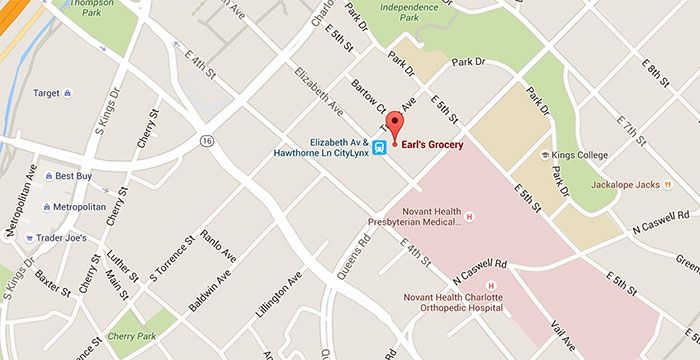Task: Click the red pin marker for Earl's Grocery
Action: (393, 129)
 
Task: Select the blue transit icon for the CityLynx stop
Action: (380, 148)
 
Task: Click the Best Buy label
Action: (73, 176)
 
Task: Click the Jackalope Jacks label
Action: (626, 184)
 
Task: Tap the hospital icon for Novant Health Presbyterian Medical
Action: (467, 215)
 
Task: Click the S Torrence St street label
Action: (170, 259)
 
